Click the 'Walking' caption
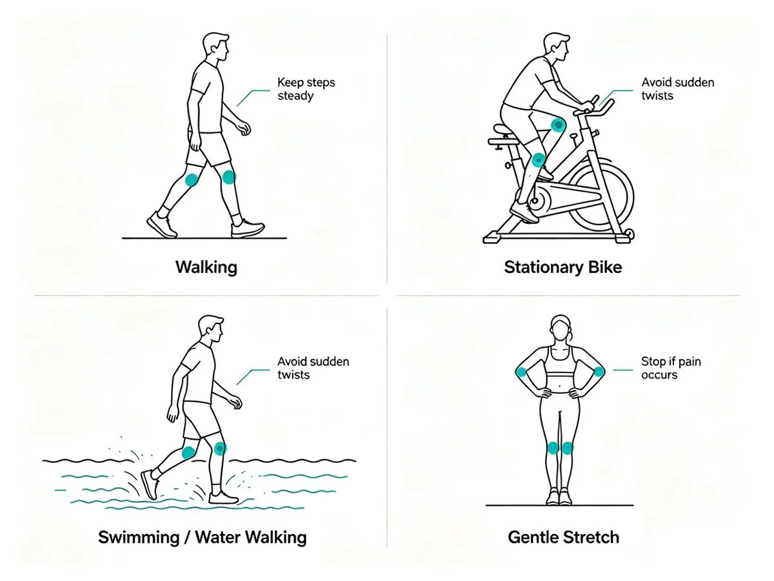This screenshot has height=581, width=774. (x=206, y=267)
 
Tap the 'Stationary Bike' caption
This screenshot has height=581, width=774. (x=563, y=267)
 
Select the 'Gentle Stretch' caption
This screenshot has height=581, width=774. (x=564, y=537)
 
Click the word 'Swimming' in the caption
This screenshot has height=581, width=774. (x=139, y=538)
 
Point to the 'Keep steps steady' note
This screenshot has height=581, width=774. (x=306, y=89)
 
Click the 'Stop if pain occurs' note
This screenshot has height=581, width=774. (x=671, y=368)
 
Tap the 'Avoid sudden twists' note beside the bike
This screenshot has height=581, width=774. (x=677, y=89)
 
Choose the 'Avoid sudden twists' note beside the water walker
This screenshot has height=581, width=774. (x=313, y=368)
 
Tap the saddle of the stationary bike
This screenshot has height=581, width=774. (x=505, y=129)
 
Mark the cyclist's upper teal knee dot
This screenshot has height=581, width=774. (x=558, y=124)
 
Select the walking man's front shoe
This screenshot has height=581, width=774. (x=247, y=228)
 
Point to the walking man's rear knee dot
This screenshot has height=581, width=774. (x=192, y=180)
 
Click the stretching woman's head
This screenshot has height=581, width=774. (x=561, y=327)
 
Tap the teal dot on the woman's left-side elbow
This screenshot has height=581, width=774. (x=521, y=372)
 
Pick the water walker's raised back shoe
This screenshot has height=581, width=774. (x=150, y=484)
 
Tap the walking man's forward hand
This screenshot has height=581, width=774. (x=244, y=127)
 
